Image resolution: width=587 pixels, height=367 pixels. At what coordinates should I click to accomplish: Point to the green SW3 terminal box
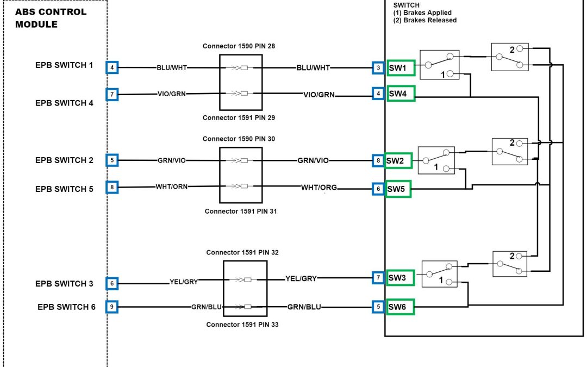400,278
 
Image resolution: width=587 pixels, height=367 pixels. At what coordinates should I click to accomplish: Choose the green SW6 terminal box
400,307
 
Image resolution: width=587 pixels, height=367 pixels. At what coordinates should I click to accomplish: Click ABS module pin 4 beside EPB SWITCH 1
112,68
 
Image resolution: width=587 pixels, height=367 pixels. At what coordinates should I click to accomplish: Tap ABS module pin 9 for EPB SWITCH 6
112,307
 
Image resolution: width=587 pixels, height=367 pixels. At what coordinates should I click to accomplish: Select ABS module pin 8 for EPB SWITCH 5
112,188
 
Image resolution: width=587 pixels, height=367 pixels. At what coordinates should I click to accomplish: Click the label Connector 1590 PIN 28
239,46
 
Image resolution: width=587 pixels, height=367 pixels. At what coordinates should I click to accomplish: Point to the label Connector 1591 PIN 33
242,325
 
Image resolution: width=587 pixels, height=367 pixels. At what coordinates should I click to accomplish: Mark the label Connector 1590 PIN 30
239,139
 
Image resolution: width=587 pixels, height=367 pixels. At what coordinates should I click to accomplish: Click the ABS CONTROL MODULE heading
51,18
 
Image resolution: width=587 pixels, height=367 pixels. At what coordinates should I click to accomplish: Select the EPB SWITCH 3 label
64,284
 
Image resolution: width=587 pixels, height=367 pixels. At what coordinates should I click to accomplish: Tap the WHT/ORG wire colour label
319,188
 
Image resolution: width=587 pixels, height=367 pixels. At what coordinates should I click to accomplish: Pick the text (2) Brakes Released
424,21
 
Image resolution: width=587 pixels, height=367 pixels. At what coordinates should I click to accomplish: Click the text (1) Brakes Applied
422,13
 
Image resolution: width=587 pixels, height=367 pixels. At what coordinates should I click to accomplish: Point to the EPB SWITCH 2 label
64,160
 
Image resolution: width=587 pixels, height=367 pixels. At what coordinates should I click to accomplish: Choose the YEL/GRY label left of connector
184,282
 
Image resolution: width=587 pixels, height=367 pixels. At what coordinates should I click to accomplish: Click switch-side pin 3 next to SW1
378,68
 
